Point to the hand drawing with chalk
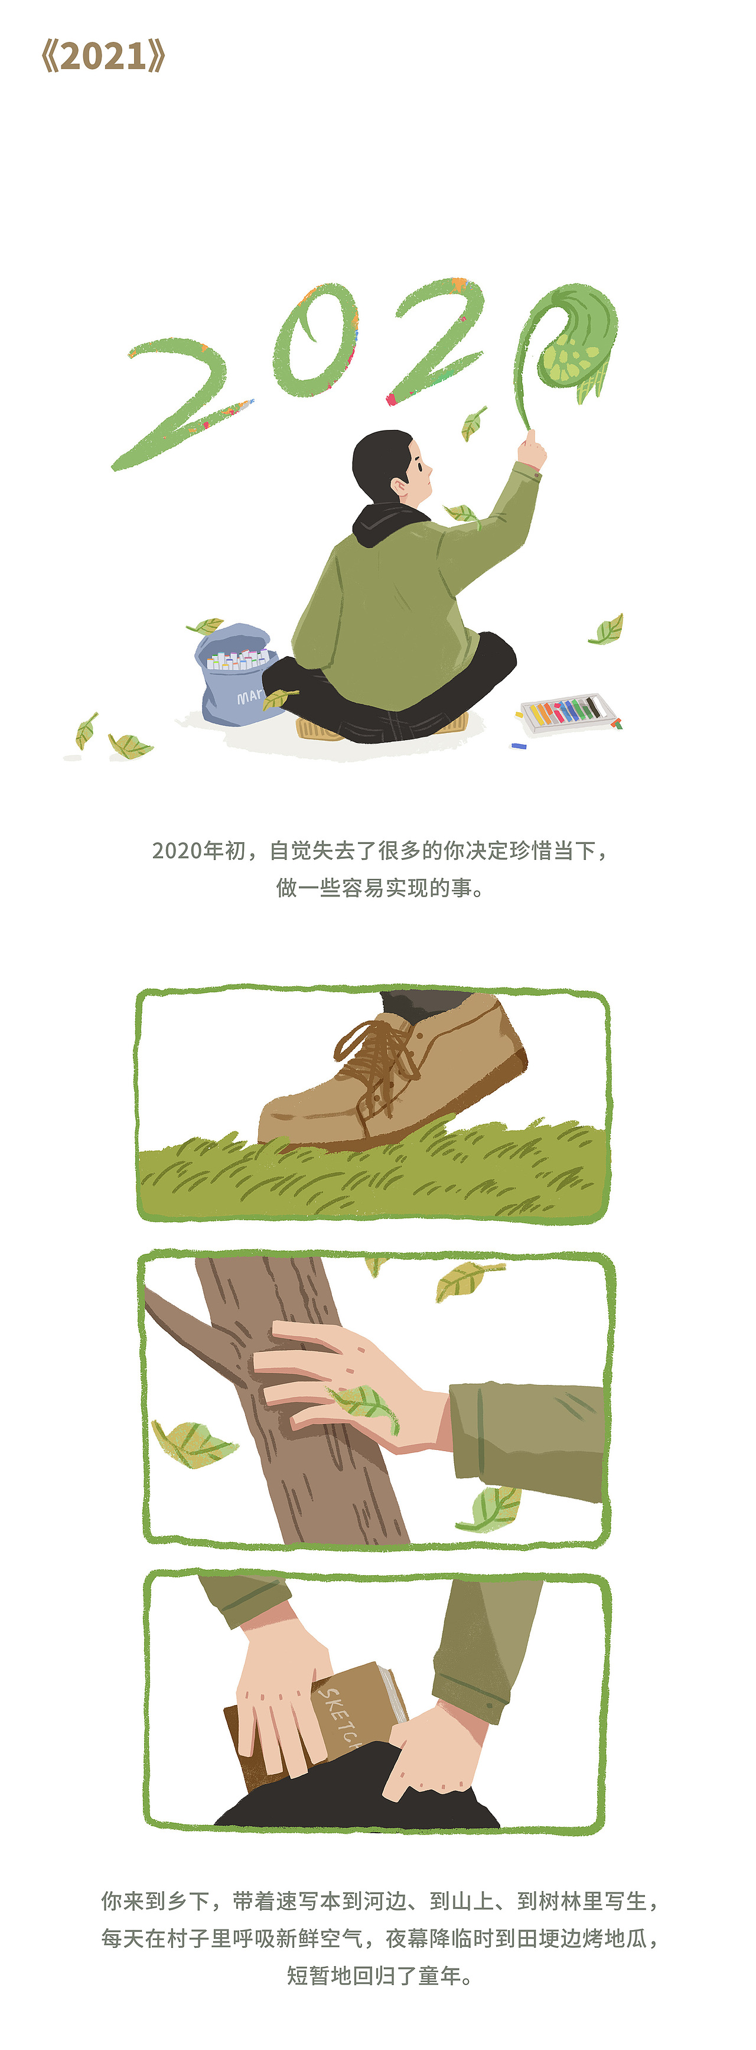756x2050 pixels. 532,449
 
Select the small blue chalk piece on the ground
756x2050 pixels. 519,747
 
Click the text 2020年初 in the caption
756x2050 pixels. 199,850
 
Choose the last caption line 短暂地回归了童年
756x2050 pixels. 379,1975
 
